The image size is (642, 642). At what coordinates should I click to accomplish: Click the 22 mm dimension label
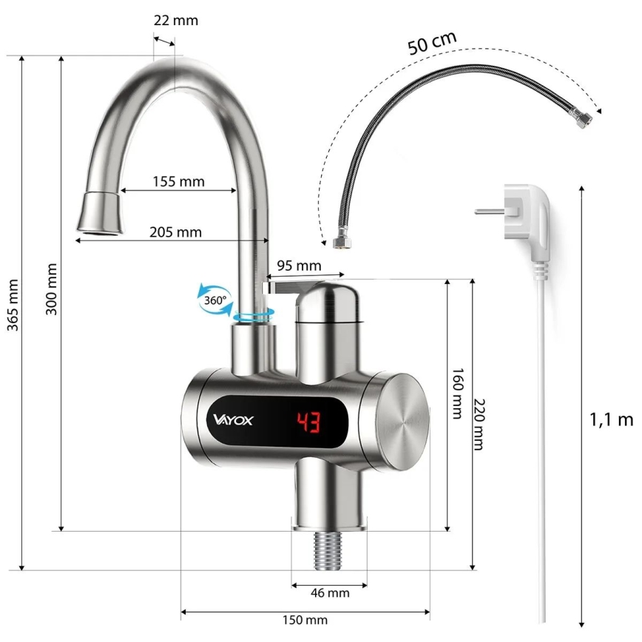175,20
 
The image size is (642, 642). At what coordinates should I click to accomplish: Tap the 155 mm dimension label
179,180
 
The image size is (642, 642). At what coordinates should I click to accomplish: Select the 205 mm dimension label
175,232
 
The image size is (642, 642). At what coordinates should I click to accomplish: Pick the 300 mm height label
51,289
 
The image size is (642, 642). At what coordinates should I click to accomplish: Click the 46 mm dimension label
329,592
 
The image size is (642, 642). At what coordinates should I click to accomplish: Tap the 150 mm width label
305,620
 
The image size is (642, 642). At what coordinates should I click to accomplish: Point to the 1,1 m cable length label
611,420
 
